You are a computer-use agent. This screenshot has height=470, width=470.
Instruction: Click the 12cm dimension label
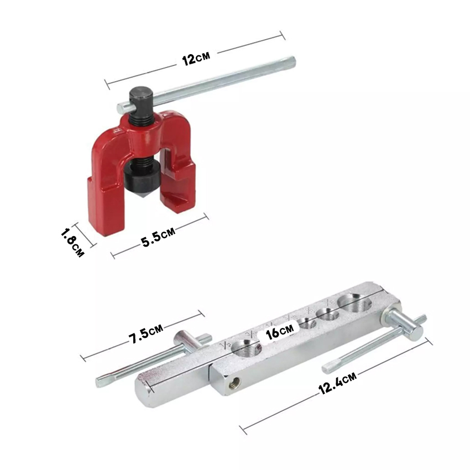(x=196, y=58)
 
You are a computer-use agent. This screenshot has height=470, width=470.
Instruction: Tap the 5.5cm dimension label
(x=158, y=237)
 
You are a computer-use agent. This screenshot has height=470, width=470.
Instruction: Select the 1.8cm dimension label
(x=72, y=243)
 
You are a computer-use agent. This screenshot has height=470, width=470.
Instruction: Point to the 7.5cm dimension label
(x=146, y=333)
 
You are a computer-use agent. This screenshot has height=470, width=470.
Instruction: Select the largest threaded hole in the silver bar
(x=355, y=303)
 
